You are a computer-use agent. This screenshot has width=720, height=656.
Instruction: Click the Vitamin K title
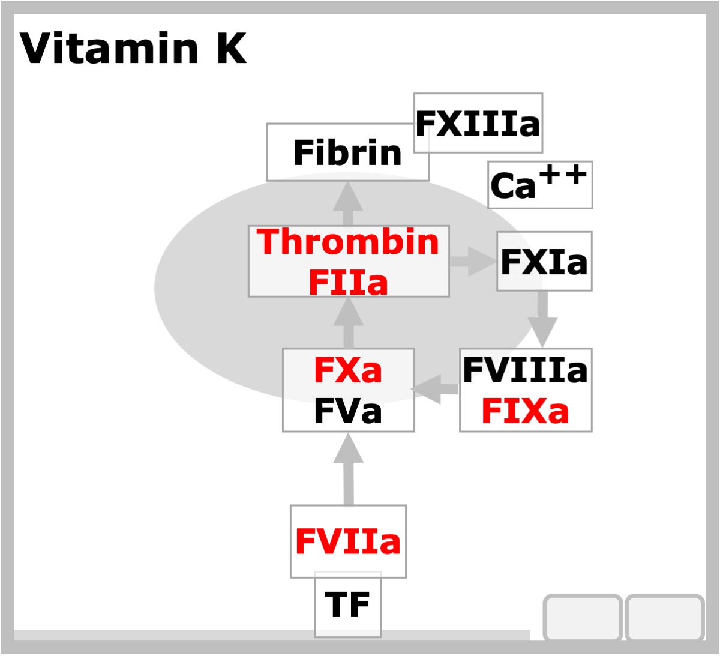pyautogui.click(x=133, y=48)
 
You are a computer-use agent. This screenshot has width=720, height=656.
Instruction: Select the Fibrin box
pyautogui.click(x=347, y=152)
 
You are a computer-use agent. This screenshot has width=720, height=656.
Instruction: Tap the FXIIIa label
pyautogui.click(x=478, y=123)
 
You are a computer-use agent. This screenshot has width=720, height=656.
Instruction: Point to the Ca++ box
pyautogui.click(x=540, y=184)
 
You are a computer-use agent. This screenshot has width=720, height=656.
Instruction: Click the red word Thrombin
pyautogui.click(x=347, y=242)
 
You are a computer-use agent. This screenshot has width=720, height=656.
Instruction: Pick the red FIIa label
pyautogui.click(x=348, y=282)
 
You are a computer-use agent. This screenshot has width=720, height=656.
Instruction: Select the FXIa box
pyautogui.click(x=544, y=261)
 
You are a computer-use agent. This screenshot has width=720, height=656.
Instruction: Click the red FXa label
pyautogui.click(x=348, y=370)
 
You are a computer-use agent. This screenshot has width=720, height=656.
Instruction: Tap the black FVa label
pyautogui.click(x=348, y=411)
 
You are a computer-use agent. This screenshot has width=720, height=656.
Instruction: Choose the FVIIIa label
pyautogui.click(x=525, y=370)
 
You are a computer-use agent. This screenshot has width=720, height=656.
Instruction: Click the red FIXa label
pyautogui.click(x=525, y=411)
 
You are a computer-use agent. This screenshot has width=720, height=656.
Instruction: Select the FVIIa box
pyautogui.click(x=348, y=541)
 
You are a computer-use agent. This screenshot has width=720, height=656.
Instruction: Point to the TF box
pyautogui.click(x=347, y=604)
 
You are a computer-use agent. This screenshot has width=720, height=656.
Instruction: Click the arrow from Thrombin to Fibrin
pyautogui.click(x=348, y=203)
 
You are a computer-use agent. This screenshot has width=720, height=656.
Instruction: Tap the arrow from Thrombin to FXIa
pyautogui.click(x=473, y=262)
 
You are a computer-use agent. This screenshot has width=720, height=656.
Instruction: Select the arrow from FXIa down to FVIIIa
pyautogui.click(x=542, y=319)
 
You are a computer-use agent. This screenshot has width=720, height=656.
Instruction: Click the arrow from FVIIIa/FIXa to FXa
pyautogui.click(x=434, y=389)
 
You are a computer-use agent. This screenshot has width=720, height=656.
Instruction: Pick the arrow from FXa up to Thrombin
pyautogui.click(x=348, y=322)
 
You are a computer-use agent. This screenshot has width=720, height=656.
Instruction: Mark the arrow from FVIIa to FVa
pyautogui.click(x=348, y=469)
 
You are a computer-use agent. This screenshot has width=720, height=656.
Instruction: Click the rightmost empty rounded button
pyautogui.click(x=664, y=618)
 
